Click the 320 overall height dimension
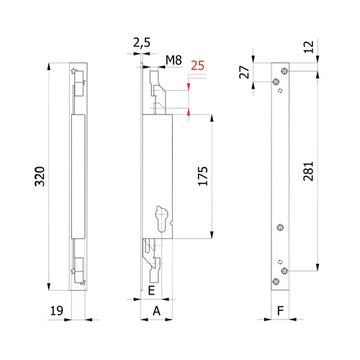[x=40, y=176]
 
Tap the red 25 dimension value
[x=197, y=66]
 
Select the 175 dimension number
[x=203, y=176]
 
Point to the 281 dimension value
[x=308, y=171]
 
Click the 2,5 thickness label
[x=142, y=42]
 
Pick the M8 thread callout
[x=174, y=60]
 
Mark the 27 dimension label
[x=244, y=72]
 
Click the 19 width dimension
[x=57, y=310]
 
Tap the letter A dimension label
[x=156, y=311]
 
